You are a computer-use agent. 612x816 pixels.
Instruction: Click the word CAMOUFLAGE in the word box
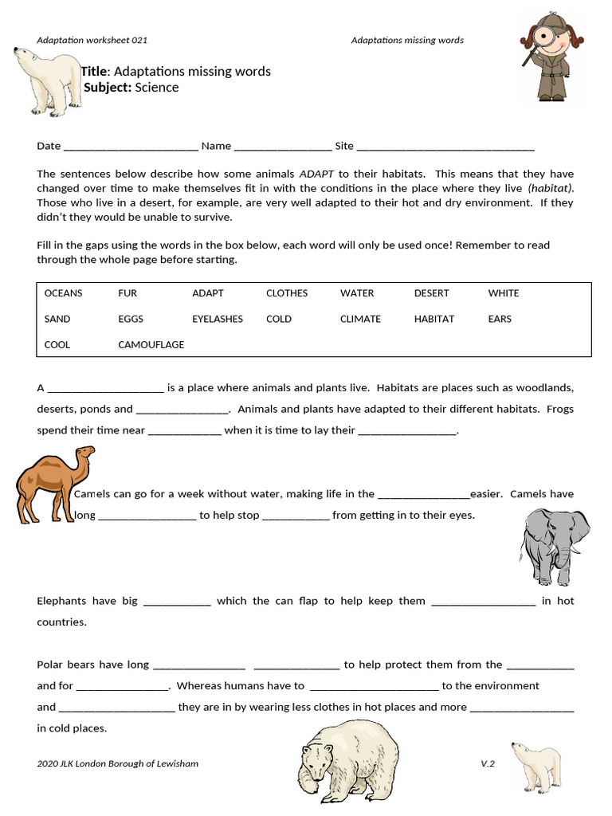[x=151, y=344]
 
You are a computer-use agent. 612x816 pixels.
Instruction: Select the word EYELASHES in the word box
[x=217, y=319]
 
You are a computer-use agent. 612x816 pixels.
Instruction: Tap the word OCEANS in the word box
[x=63, y=293]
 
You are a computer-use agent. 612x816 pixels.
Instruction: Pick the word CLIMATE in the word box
[x=360, y=319]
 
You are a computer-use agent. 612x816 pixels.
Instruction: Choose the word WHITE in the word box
[x=503, y=293]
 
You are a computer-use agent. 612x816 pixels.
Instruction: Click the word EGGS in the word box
[x=131, y=319]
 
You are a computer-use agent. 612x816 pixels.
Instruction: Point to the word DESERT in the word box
[x=431, y=293]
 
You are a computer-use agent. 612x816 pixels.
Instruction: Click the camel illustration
[x=54, y=483]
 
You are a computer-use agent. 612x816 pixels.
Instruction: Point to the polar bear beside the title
[x=45, y=80]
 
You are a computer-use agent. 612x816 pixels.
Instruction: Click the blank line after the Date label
[x=130, y=147]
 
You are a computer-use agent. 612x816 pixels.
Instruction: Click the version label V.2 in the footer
[x=488, y=763]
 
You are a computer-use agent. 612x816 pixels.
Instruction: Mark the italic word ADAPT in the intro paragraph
[x=317, y=174]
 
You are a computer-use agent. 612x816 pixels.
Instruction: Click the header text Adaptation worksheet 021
[x=92, y=40]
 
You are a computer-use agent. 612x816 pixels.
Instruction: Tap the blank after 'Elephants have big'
[x=177, y=602]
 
